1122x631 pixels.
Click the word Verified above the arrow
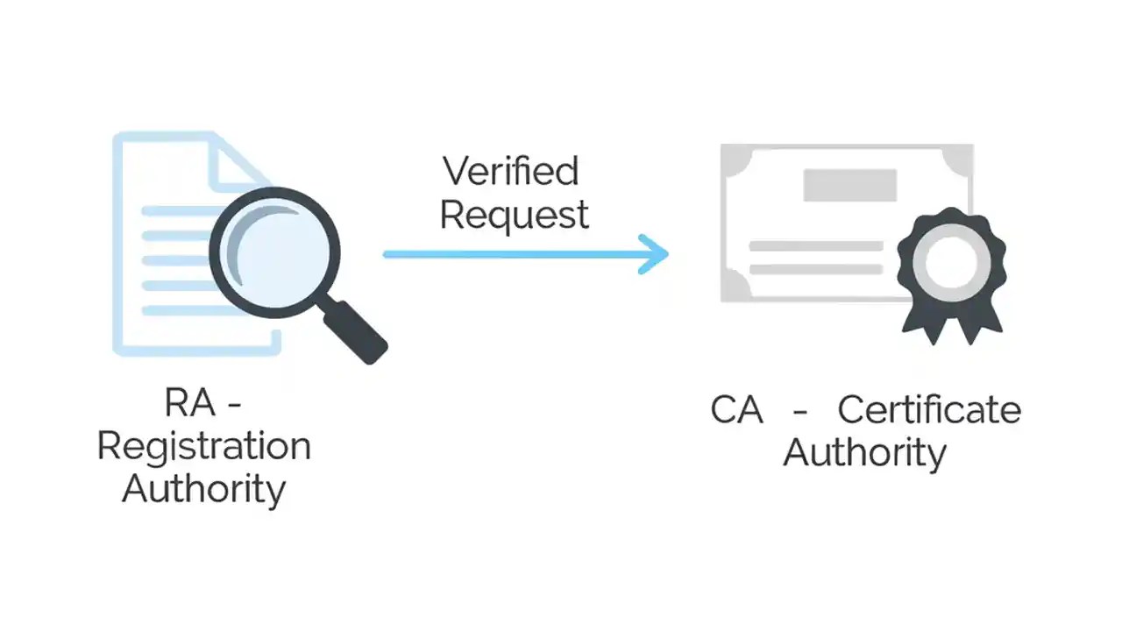pyautogui.click(x=510, y=171)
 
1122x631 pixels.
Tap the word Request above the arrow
pyautogui.click(x=514, y=215)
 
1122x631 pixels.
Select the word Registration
pyautogui.click(x=203, y=446)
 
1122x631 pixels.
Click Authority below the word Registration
pyautogui.click(x=203, y=488)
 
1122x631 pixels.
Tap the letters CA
pyautogui.click(x=736, y=410)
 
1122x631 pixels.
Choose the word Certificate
pyautogui.click(x=929, y=410)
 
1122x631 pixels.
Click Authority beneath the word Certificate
pyautogui.click(x=864, y=453)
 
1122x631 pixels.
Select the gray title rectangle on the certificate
pyautogui.click(x=849, y=185)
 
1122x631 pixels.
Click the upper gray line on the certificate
pyautogui.click(x=815, y=246)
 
